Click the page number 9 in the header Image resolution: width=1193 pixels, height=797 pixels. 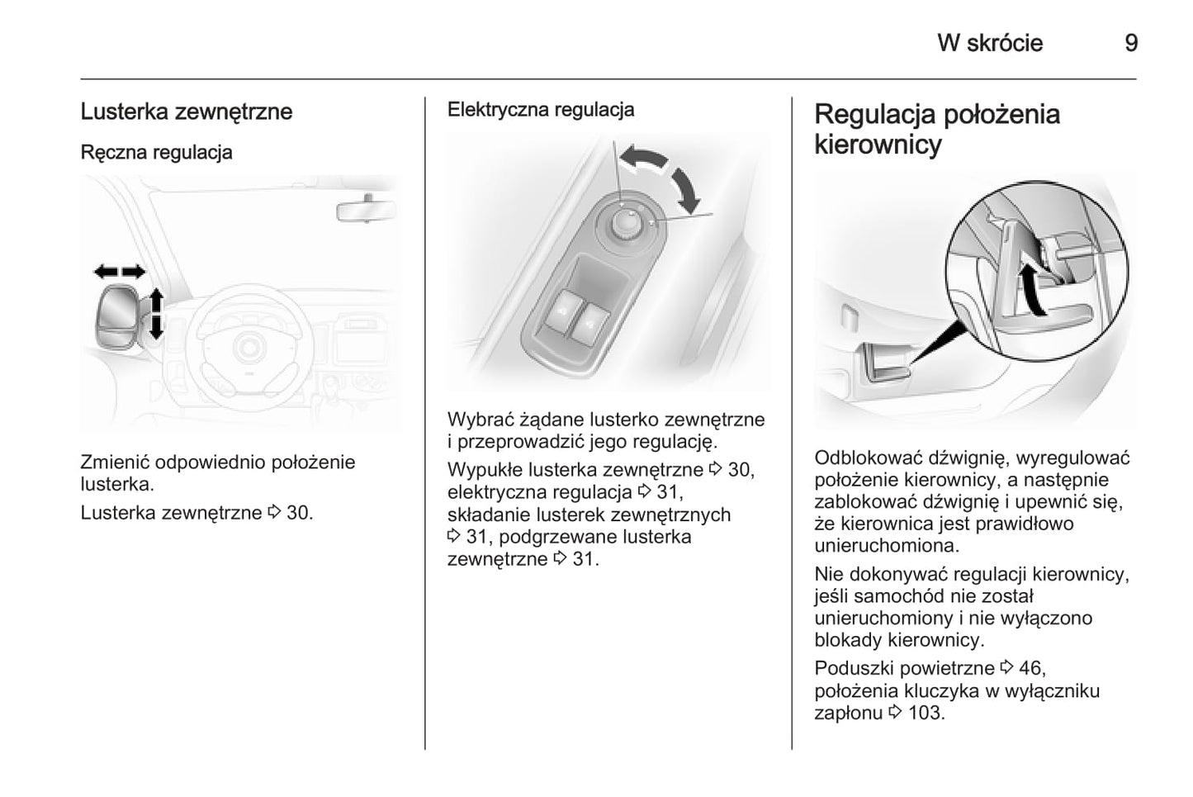[1131, 43]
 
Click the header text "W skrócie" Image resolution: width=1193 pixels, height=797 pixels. [990, 43]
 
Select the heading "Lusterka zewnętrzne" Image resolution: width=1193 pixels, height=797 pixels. [187, 112]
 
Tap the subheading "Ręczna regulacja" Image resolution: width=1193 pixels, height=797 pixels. [157, 152]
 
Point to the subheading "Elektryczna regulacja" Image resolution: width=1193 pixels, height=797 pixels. [541, 110]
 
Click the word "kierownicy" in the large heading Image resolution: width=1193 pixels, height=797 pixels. [878, 145]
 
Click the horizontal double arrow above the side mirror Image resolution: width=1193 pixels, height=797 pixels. [120, 272]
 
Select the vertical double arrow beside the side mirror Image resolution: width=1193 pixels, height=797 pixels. [155, 314]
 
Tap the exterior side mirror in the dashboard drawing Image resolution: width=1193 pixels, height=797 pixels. [119, 317]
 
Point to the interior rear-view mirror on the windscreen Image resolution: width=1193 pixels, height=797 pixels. [367, 210]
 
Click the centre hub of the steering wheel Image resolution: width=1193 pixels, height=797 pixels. [249, 348]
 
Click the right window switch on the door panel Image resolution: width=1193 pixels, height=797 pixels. [589, 322]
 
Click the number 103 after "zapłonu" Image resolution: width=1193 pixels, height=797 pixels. [926, 713]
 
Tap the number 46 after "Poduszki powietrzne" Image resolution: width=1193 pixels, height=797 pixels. [1032, 668]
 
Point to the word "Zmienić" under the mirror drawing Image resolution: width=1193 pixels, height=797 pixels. [115, 463]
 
